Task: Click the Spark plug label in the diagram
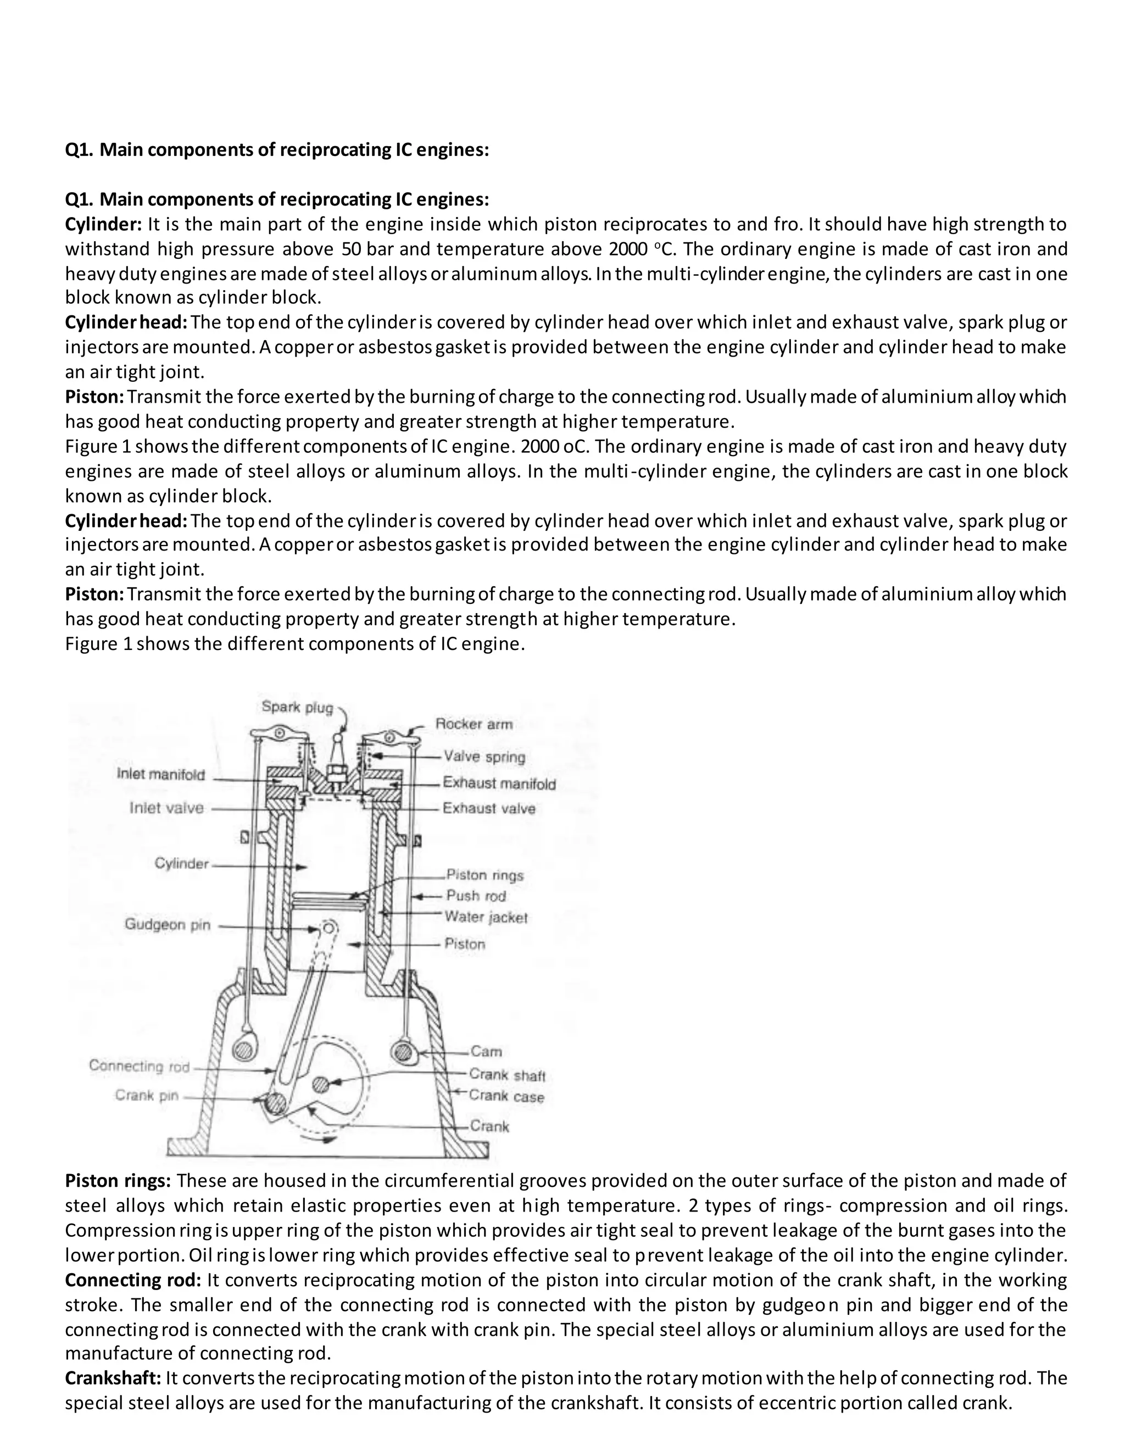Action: click(x=297, y=707)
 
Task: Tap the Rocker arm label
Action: click(x=474, y=724)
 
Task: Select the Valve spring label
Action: click(x=484, y=757)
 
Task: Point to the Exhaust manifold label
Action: click(x=499, y=784)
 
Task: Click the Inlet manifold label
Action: click(x=160, y=775)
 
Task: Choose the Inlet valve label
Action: click(x=166, y=808)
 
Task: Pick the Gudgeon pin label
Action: click(x=168, y=925)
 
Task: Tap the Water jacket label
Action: click(x=486, y=918)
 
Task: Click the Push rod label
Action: click(x=476, y=896)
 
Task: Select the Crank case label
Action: click(x=506, y=1097)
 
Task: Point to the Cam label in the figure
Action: click(x=486, y=1051)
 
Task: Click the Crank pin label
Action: click(x=147, y=1096)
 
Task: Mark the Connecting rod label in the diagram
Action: click(x=140, y=1066)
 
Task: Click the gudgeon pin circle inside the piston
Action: click(x=328, y=928)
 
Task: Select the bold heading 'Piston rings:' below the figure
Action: click(x=118, y=1181)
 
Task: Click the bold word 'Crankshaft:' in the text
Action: click(x=113, y=1378)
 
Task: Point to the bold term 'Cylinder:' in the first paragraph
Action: click(x=103, y=224)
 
